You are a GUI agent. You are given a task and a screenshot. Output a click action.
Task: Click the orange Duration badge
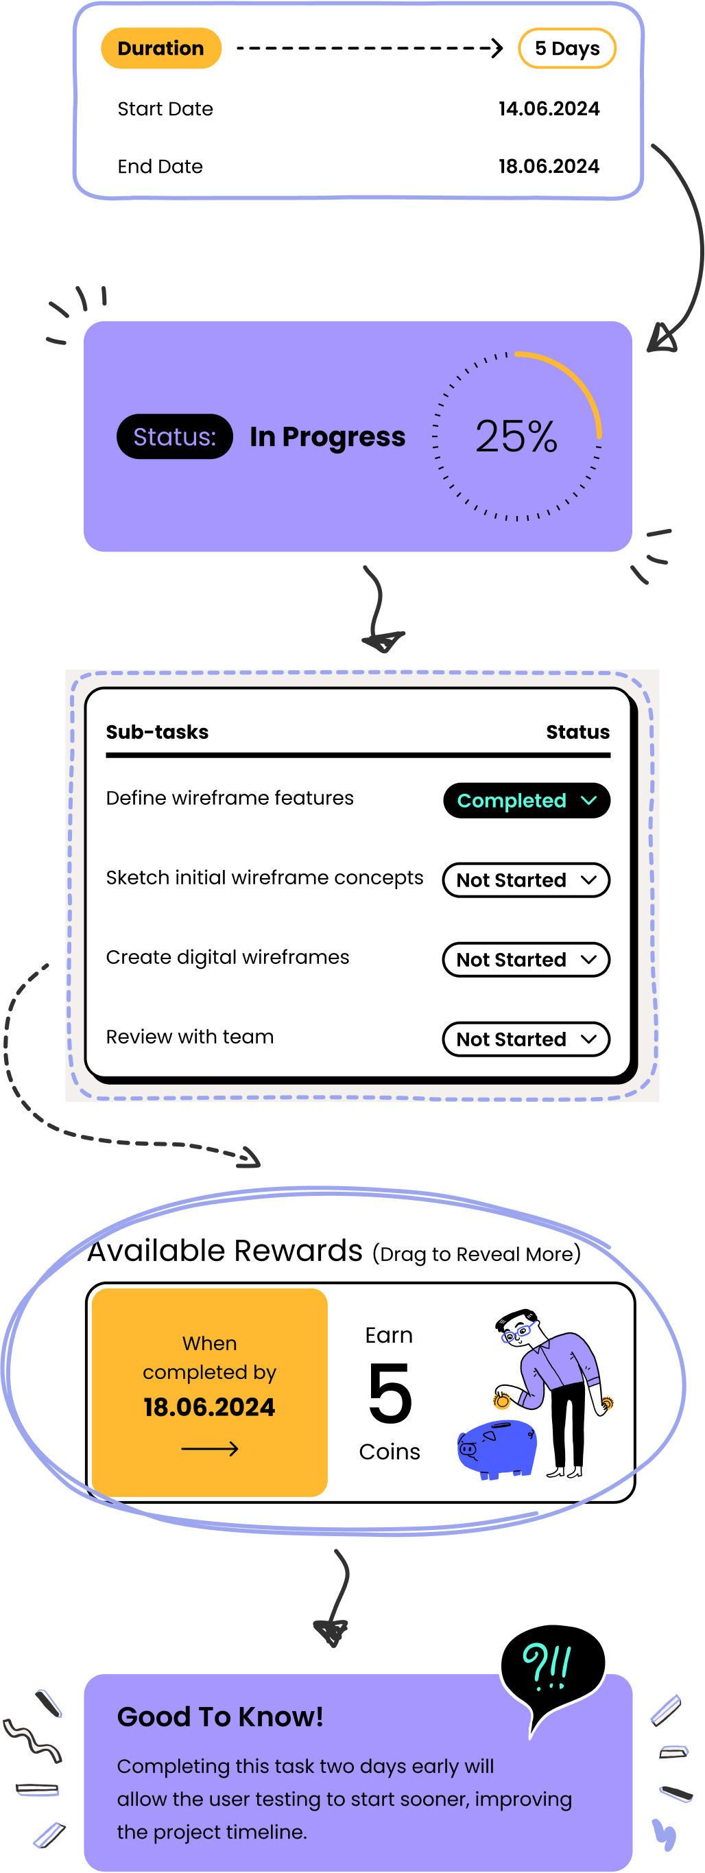[x=160, y=49]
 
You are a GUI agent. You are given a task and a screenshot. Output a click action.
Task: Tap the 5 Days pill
[x=567, y=49]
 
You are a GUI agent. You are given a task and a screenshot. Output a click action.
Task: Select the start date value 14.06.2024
[x=549, y=109]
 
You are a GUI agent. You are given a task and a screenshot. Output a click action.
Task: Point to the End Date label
[x=160, y=167]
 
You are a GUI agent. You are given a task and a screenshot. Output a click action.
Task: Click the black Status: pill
[x=174, y=437]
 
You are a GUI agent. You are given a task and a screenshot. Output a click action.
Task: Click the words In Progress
[x=327, y=437]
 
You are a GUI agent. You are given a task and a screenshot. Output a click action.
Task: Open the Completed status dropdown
[x=526, y=801]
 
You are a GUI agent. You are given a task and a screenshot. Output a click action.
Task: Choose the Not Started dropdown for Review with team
[x=526, y=1039]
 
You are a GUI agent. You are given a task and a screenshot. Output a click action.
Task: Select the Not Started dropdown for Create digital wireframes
[x=526, y=960]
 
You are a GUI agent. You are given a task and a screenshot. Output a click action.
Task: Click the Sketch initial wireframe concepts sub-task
[x=264, y=877]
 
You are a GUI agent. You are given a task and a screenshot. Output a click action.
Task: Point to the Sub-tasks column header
[x=157, y=732]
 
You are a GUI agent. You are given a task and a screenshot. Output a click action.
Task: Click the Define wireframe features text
[x=230, y=799]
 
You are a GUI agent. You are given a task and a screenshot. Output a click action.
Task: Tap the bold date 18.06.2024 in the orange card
[x=209, y=1407]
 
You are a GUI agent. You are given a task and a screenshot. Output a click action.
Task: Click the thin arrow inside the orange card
[x=209, y=1449]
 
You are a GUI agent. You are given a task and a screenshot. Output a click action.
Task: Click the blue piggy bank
[x=497, y=1448]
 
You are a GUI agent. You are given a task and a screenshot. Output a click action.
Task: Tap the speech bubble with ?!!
[x=551, y=1665]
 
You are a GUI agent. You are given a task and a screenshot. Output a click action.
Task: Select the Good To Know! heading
[x=219, y=1717]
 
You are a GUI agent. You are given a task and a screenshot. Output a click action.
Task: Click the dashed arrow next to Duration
[x=369, y=49]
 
